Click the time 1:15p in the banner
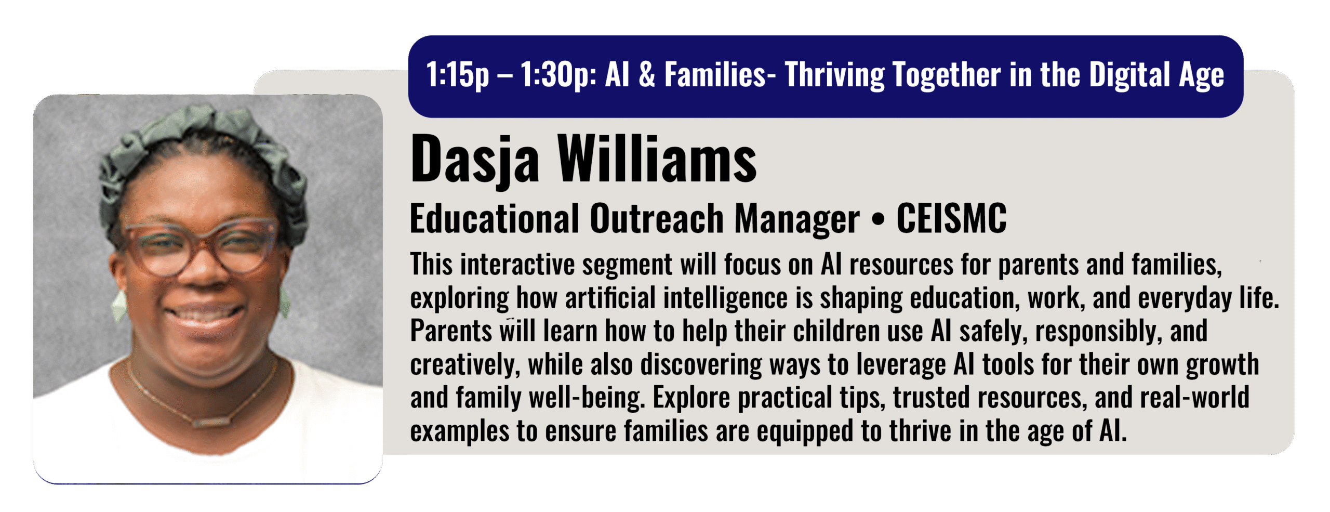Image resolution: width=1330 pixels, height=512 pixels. [x=458, y=75]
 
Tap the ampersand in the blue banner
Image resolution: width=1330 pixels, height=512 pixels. [x=647, y=74]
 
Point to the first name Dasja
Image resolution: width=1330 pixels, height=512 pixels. [x=475, y=159]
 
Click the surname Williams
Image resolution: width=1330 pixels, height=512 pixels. [x=657, y=158]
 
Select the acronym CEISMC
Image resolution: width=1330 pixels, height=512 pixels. [x=951, y=218]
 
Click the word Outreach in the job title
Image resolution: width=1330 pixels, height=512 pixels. [x=657, y=218]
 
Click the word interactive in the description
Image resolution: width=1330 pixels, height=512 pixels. [x=517, y=265]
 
